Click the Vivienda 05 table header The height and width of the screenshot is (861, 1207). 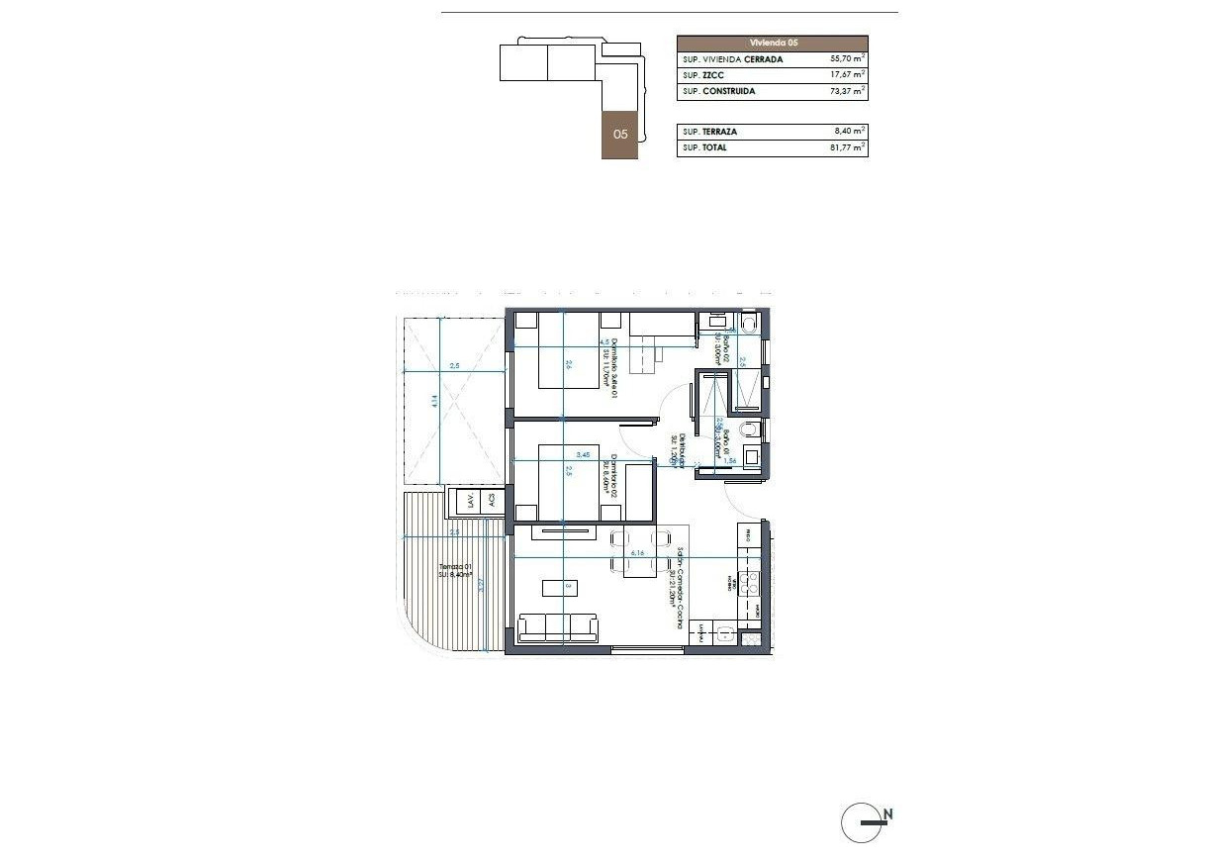pyautogui.click(x=773, y=44)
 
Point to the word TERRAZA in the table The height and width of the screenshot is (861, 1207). pyautogui.click(x=722, y=132)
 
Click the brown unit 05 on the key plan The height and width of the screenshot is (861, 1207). pyautogui.click(x=620, y=134)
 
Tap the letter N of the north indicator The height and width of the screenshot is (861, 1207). pyautogui.click(x=888, y=814)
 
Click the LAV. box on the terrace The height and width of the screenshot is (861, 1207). pyautogui.click(x=471, y=502)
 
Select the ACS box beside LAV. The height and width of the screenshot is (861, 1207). pyautogui.click(x=491, y=502)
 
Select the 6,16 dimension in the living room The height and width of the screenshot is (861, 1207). pyautogui.click(x=637, y=553)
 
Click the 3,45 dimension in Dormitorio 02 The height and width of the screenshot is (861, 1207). pyautogui.click(x=583, y=455)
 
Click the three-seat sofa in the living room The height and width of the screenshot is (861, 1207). pyautogui.click(x=558, y=627)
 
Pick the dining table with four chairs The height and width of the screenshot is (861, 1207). pyautogui.click(x=637, y=551)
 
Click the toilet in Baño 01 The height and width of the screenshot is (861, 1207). pyautogui.click(x=751, y=429)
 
